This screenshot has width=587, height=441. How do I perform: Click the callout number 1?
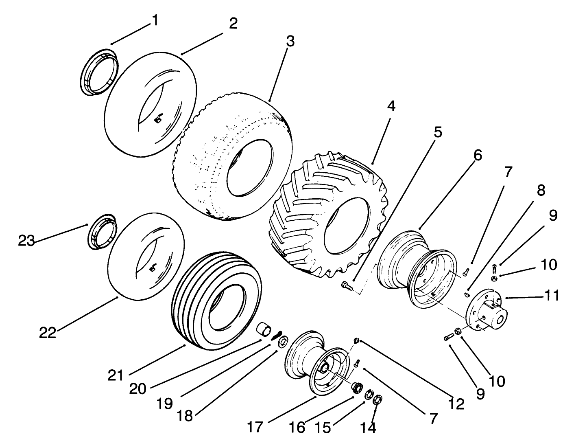tap(155, 20)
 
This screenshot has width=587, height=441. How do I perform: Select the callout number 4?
tap(391, 106)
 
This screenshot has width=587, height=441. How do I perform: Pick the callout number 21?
tap(116, 375)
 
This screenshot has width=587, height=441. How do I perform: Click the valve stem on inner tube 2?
tap(158, 119)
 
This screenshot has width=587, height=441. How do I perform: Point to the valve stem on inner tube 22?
tap(153, 268)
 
